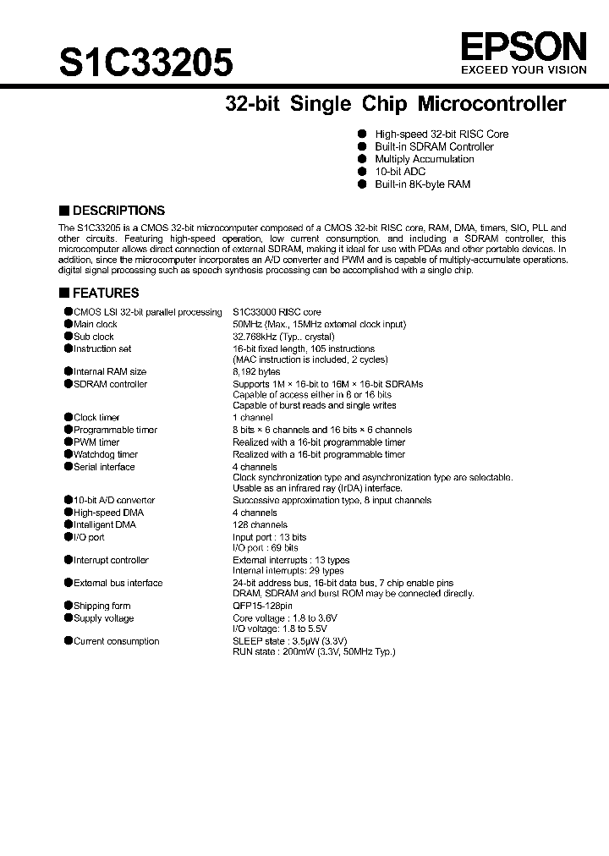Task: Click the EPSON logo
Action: point(522,45)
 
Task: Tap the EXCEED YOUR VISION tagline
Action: point(522,70)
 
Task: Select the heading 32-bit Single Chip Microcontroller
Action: point(395,105)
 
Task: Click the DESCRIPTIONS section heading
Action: point(118,211)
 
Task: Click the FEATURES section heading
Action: point(105,293)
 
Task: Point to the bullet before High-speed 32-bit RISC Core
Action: point(361,134)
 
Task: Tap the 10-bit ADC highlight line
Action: point(400,171)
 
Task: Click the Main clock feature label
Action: point(95,324)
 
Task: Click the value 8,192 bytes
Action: point(256,371)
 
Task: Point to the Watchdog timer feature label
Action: point(105,454)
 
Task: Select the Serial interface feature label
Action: point(104,467)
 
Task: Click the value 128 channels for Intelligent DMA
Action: point(260,524)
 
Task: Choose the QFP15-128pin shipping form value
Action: point(262,606)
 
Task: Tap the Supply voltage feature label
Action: point(103,618)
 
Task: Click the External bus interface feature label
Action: point(118,583)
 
